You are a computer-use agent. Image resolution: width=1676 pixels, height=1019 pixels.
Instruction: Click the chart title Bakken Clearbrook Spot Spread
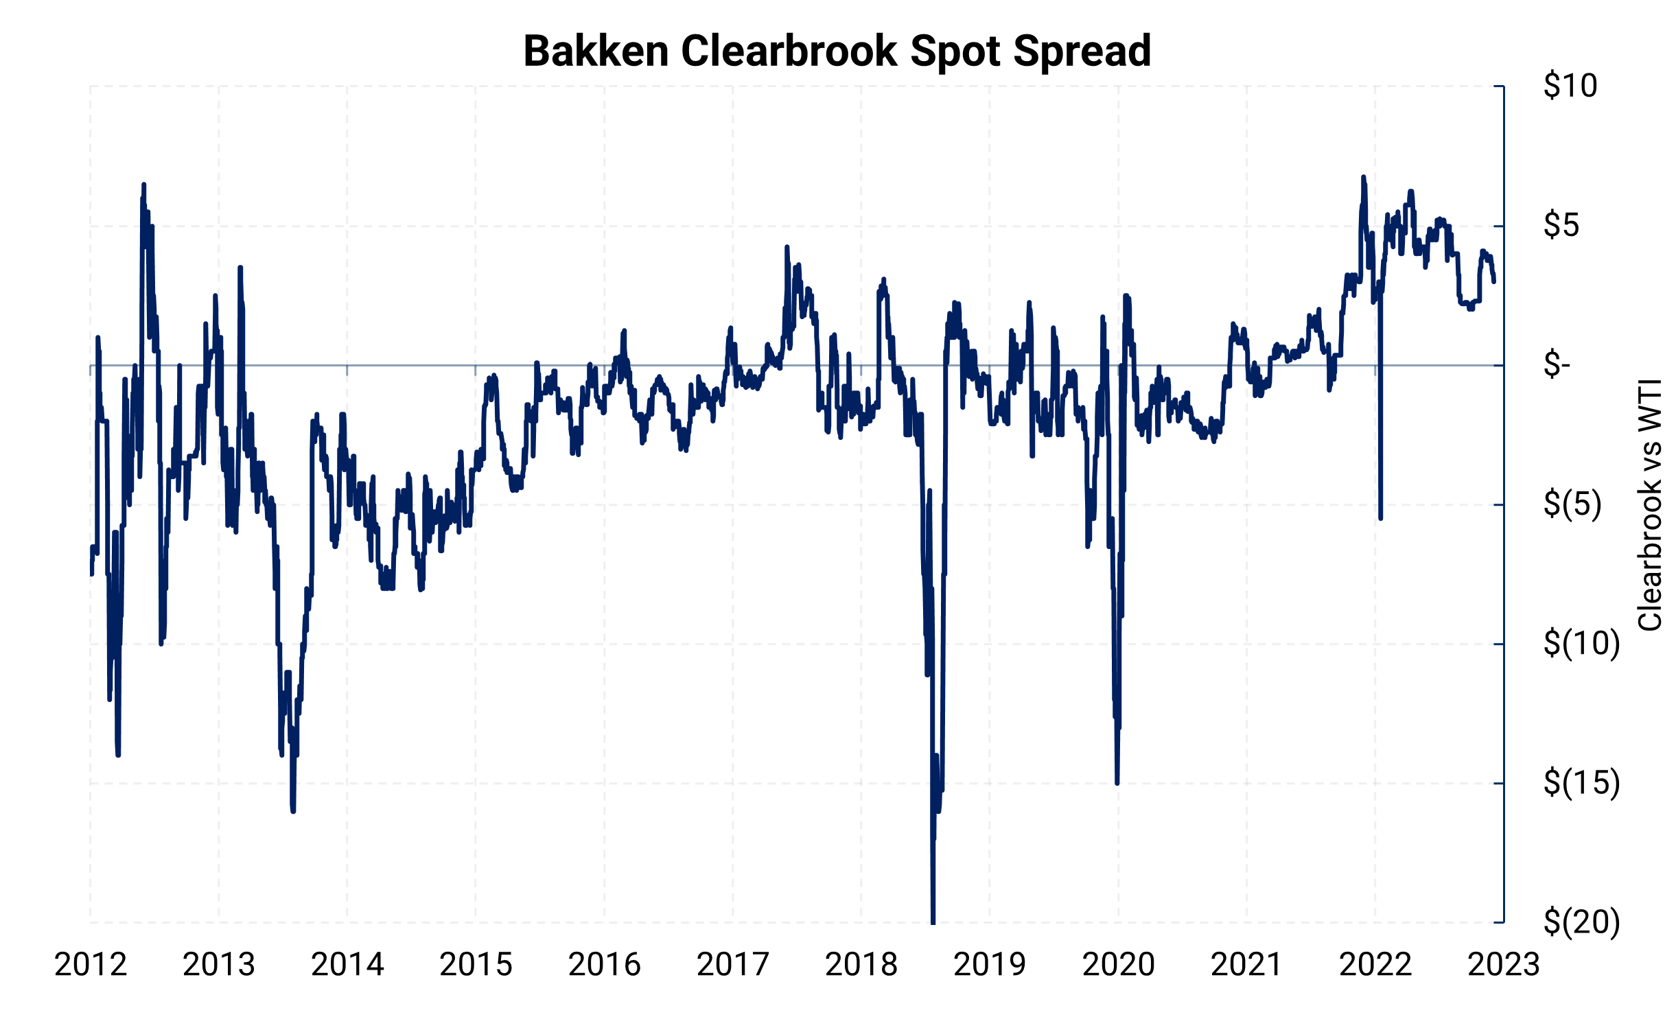pyautogui.click(x=837, y=51)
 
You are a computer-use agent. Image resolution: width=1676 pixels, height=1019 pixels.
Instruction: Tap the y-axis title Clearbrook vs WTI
pyautogui.click(x=1649, y=504)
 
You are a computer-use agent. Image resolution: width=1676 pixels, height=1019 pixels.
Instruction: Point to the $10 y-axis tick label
pyautogui.click(x=1570, y=86)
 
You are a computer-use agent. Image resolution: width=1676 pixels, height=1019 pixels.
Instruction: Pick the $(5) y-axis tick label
pyautogui.click(x=1572, y=504)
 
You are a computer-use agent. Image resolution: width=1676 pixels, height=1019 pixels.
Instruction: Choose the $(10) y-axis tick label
pyautogui.click(x=1581, y=644)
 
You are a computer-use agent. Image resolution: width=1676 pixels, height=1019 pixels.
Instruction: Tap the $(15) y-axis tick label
pyautogui.click(x=1581, y=783)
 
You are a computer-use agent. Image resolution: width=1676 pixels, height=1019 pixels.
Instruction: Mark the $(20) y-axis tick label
pyautogui.click(x=1581, y=922)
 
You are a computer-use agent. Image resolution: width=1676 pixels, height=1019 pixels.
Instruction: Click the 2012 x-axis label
pyautogui.click(x=91, y=965)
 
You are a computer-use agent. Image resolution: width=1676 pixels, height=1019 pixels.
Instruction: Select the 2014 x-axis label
pyautogui.click(x=347, y=965)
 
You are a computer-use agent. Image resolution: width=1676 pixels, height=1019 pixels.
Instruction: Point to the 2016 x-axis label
pyautogui.click(x=604, y=965)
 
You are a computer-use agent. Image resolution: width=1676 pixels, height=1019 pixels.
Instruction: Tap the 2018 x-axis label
pyautogui.click(x=861, y=965)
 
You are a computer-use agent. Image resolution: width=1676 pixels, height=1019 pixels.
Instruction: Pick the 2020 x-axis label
pyautogui.click(x=1118, y=965)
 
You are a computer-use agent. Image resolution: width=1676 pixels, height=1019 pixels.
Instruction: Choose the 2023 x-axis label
pyautogui.click(x=1503, y=965)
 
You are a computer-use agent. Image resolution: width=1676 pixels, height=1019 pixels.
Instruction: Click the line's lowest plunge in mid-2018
pyautogui.click(x=933, y=920)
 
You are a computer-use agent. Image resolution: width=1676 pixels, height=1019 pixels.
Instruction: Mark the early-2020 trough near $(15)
pyautogui.click(x=1117, y=782)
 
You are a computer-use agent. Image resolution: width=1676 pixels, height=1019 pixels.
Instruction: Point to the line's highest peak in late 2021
pyautogui.click(x=1364, y=178)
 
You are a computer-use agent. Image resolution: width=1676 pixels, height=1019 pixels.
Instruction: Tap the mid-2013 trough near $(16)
pyautogui.click(x=293, y=810)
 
